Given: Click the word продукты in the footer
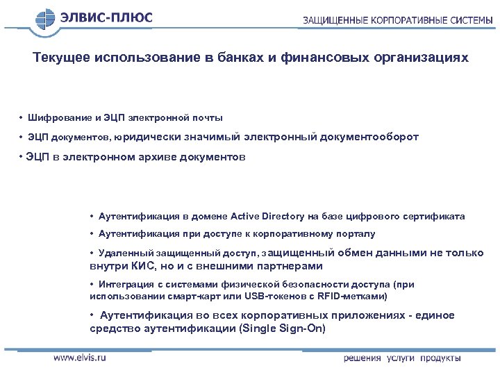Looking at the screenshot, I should (440, 358).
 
